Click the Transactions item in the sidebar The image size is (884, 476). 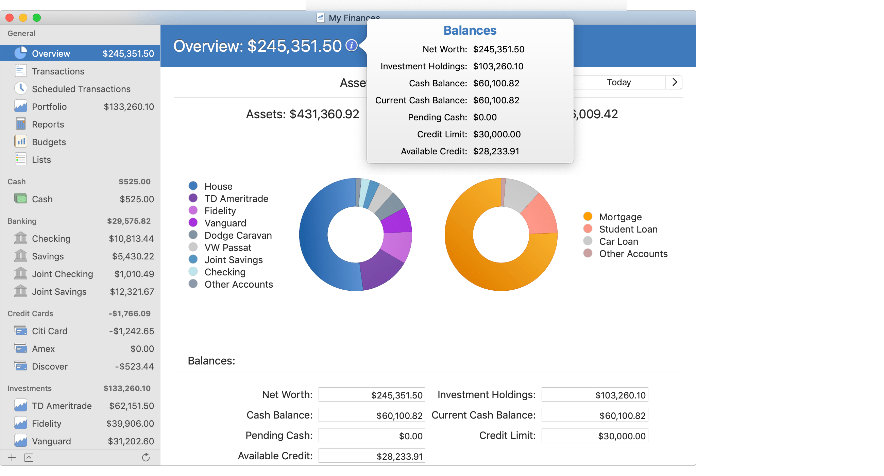tap(58, 71)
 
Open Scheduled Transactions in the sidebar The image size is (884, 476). tap(81, 89)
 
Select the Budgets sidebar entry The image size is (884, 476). tap(49, 142)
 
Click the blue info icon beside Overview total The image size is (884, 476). tap(351, 45)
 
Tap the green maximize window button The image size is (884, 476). tap(37, 18)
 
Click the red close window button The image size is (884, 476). tap(10, 18)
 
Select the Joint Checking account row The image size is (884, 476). tap(63, 274)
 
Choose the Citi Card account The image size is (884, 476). tap(49, 331)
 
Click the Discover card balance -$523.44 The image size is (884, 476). tap(135, 367)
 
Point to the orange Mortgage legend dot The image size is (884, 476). tap(588, 217)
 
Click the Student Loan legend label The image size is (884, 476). tap(628, 229)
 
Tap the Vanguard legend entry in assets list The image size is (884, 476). tap(225, 223)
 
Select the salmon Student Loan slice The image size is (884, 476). tap(541, 216)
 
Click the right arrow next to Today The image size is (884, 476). tap(674, 82)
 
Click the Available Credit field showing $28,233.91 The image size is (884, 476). tap(372, 456)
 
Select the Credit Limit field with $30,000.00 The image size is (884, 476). tap(594, 436)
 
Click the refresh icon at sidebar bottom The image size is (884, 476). tap(146, 457)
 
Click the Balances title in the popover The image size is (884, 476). tap(470, 31)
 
